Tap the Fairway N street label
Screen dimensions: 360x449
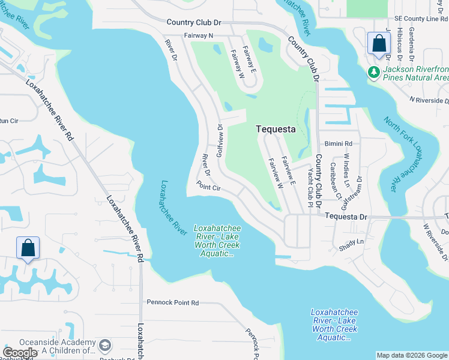pyautogui.click(x=198, y=36)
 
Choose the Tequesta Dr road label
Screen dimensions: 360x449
pyautogui.click(x=345, y=217)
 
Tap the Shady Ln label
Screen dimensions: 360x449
pyautogui.click(x=351, y=241)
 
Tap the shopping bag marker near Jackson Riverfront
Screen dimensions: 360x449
pyautogui.click(x=378, y=44)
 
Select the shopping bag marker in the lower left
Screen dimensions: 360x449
pyautogui.click(x=28, y=248)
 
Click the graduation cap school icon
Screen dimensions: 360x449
pyautogui.click(x=105, y=345)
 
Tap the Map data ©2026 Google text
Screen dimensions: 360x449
pyautogui.click(x=411, y=355)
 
